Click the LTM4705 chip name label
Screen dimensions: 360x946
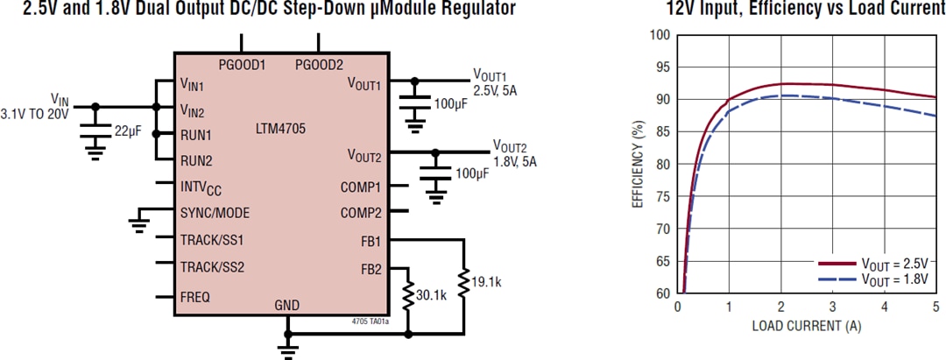pyautogui.click(x=281, y=128)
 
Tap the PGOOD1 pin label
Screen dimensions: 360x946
pyautogui.click(x=243, y=65)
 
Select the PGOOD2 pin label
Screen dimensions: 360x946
pyautogui.click(x=319, y=65)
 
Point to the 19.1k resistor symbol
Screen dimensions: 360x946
pyautogui.click(x=463, y=282)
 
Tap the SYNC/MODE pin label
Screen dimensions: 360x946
pyautogui.click(x=215, y=213)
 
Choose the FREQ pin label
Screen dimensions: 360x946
pyautogui.click(x=194, y=297)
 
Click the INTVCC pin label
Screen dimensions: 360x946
pyautogui.click(x=202, y=187)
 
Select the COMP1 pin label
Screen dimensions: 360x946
pyautogui.click(x=361, y=187)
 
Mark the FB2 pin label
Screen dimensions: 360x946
pyautogui.click(x=370, y=269)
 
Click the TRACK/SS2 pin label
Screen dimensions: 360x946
pyautogui.click(x=211, y=267)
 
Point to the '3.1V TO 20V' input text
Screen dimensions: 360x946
pyautogui.click(x=34, y=114)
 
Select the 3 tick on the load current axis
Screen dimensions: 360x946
pyautogui.click(x=832, y=307)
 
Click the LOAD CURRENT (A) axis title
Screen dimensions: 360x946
pyautogui.click(x=806, y=326)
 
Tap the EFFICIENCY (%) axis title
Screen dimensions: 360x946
pyautogui.click(x=638, y=164)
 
